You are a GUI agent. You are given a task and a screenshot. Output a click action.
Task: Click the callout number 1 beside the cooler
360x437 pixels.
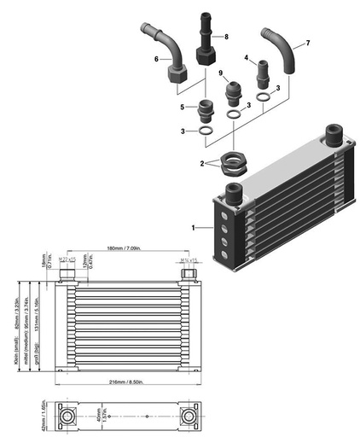pyautogui.click(x=195, y=228)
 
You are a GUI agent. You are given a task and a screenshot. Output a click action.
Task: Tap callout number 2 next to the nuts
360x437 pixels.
pyautogui.click(x=201, y=162)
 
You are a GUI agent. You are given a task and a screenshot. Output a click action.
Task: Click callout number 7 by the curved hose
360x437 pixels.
pyautogui.click(x=308, y=42)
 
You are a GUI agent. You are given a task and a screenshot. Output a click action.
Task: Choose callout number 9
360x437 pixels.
pyautogui.click(x=220, y=73)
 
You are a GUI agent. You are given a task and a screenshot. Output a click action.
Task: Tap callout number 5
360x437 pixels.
pyautogui.click(x=182, y=107)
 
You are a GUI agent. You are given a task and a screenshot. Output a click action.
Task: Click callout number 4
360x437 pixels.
pyautogui.click(x=247, y=57)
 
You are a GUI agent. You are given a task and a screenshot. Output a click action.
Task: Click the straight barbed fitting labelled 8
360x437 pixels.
pyautogui.click(x=205, y=34)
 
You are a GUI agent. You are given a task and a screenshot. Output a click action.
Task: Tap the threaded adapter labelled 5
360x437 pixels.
pyautogui.click(x=204, y=111)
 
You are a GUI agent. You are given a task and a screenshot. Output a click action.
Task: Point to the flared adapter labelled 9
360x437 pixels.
pyautogui.click(x=233, y=91)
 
